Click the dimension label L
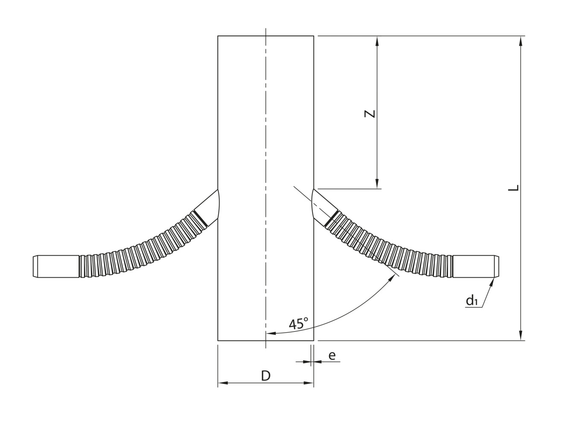[x=515, y=188]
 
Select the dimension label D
[x=266, y=375]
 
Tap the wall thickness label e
[x=332, y=355]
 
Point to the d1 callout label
[x=471, y=301]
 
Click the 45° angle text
[x=298, y=324]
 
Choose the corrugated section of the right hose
[x=393, y=252]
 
